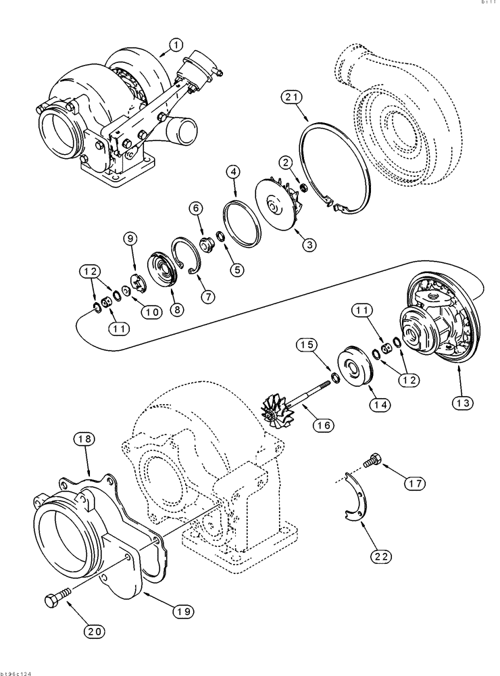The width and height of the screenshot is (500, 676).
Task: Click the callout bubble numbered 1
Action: point(175,45)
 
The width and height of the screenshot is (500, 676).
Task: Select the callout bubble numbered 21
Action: point(291,99)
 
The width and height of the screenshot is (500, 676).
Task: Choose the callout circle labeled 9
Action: point(130,238)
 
